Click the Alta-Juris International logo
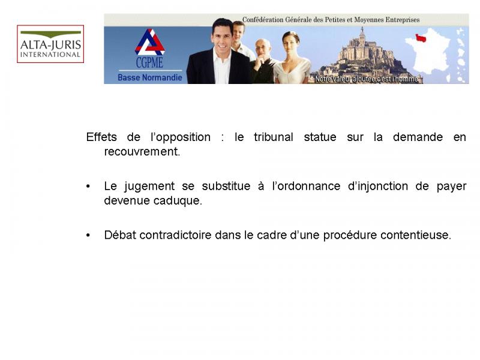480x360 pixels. pos(50,44)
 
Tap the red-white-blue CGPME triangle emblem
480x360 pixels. pos(149,42)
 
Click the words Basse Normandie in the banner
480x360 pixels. pos(149,77)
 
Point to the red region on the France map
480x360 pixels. pos(421,38)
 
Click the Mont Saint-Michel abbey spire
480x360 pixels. pos(362,32)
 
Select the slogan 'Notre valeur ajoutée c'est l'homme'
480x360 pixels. pos(367,79)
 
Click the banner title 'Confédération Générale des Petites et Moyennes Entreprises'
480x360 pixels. pos(331,20)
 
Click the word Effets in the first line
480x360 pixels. pos(101,137)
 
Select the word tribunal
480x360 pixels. pos(274,137)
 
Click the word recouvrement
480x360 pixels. pos(142,152)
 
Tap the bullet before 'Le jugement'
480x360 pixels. pos(88,187)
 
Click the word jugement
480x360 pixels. pos(149,187)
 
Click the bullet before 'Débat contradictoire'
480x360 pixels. pos(88,235)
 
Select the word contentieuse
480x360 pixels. pos(416,235)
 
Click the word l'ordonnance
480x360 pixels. pos(306,186)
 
